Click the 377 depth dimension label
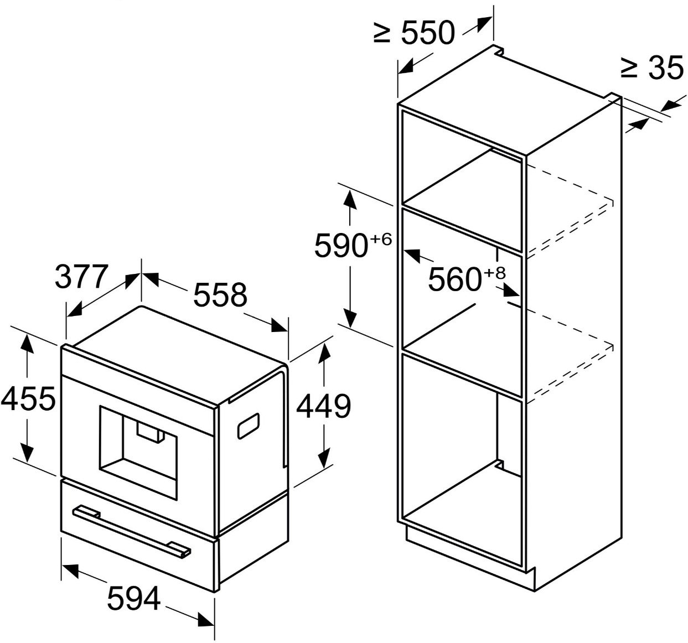pyautogui.click(x=82, y=277)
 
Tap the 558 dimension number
pyautogui.click(x=220, y=294)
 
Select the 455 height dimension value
pyautogui.click(x=28, y=399)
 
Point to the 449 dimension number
pyautogui.click(x=324, y=406)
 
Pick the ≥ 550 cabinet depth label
pyautogui.click(x=415, y=32)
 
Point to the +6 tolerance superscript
pyautogui.click(x=381, y=238)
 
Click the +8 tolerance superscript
pyautogui.click(x=495, y=273)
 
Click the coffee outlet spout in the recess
pyautogui.click(x=151, y=433)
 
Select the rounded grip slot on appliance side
pyautogui.click(x=249, y=426)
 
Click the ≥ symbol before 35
pyautogui.click(x=629, y=68)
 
